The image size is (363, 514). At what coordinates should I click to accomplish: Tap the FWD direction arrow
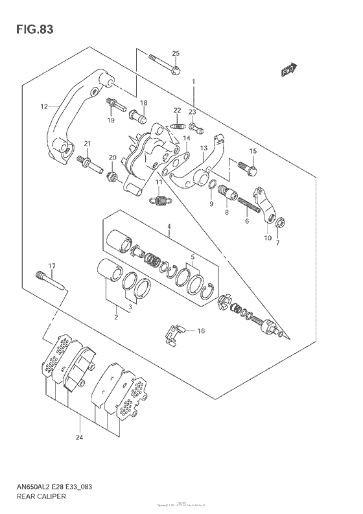[289, 69]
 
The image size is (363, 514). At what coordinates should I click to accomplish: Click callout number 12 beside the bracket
[44, 106]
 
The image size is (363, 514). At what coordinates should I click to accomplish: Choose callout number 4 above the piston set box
[168, 227]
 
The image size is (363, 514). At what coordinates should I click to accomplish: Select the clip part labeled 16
[172, 331]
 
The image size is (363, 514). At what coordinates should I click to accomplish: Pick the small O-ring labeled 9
[211, 189]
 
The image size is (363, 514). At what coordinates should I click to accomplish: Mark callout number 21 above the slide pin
[87, 143]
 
